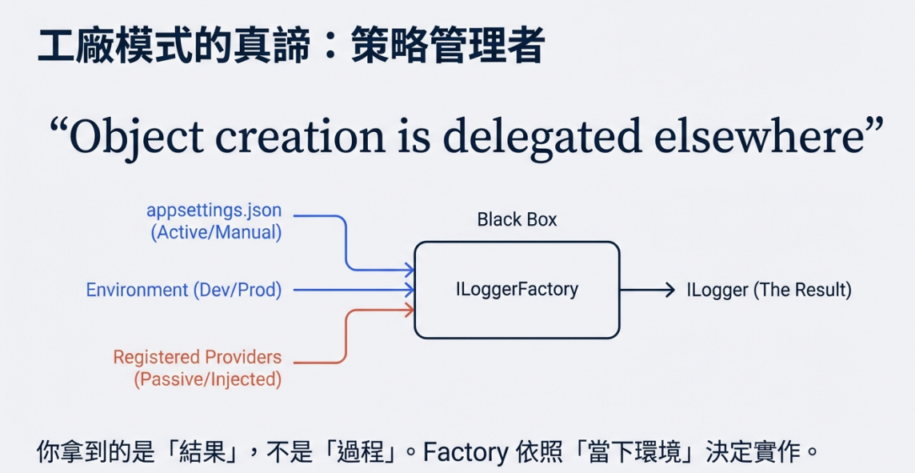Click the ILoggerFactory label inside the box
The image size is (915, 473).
coord(517,289)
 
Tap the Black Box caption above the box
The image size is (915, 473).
coord(517,219)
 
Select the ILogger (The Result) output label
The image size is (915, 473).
coord(769,290)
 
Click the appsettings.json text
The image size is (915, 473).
coord(214,210)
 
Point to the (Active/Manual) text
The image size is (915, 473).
coord(217,232)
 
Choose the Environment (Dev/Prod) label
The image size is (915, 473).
coord(184,290)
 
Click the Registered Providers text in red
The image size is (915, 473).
coord(198,357)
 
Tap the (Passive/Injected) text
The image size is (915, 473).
coord(208,379)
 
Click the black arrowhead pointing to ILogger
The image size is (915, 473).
coord(670,290)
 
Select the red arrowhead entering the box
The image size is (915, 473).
coord(410,310)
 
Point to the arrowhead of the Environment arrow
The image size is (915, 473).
coord(410,289)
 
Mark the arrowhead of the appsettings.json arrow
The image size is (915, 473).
coord(410,270)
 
